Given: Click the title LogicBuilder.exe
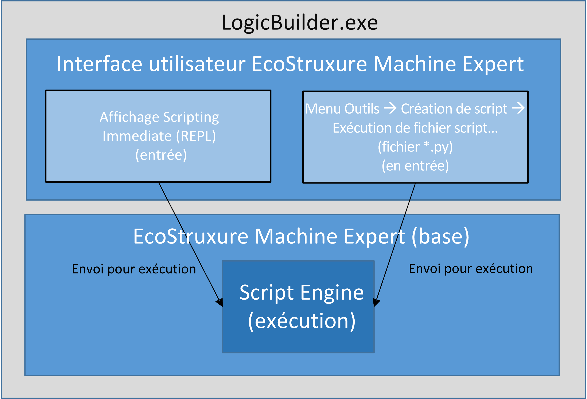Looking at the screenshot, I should tap(300, 23).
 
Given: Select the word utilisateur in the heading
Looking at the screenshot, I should tap(197, 64).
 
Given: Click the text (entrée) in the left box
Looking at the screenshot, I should tap(161, 155).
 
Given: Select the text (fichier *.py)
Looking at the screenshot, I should tap(415, 147).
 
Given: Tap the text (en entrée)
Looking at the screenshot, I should tap(415, 166).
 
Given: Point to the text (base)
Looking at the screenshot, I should tap(440, 237).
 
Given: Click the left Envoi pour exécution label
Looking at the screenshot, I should tap(134, 269).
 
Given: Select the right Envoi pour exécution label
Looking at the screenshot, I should tap(471, 269).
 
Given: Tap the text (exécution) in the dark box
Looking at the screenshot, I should tap(302, 321).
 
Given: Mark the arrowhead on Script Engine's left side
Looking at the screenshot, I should tap(219, 302).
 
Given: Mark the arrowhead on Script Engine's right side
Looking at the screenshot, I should tap(376, 302).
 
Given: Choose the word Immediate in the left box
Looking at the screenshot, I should tap(137, 136).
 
